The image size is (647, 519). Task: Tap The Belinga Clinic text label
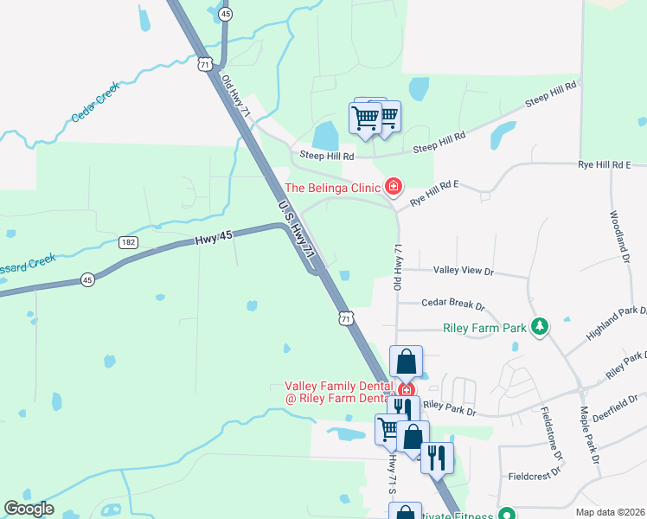(333, 188)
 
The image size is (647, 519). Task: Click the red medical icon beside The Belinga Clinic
(394, 186)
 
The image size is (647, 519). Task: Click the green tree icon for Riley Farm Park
(540, 326)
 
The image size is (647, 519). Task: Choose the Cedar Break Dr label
(452, 304)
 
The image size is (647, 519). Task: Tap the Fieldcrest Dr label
(537, 476)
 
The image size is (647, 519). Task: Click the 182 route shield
(128, 243)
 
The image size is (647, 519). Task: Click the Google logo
(29, 509)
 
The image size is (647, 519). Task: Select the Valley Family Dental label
(340, 387)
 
